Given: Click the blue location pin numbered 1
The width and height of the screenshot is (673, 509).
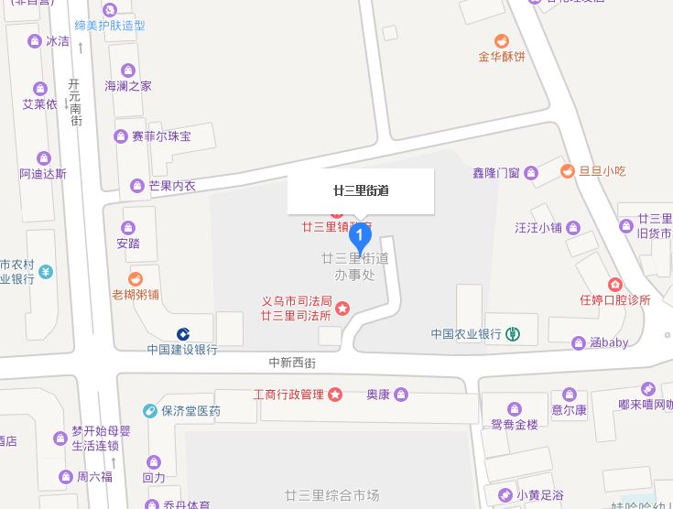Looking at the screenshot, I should [361, 238].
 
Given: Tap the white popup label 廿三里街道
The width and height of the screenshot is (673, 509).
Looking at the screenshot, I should [361, 191].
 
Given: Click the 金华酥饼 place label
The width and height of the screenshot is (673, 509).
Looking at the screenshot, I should [502, 57].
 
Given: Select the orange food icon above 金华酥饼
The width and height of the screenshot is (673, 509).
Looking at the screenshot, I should [502, 40].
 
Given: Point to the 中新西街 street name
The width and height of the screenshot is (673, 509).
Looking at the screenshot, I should [292, 363].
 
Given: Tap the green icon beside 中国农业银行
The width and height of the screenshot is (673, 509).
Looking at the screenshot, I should [514, 334].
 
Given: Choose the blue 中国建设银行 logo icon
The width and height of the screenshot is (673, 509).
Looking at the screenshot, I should [183, 334].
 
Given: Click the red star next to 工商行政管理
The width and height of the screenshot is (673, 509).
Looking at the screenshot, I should [335, 395].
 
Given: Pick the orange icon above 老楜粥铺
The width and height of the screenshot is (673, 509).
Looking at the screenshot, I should [136, 278].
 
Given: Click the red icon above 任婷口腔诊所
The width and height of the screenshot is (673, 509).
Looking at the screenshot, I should [614, 285].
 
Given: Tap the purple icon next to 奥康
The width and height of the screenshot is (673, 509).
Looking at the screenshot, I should [401, 395].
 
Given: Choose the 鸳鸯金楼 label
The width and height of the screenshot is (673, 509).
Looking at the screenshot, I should [514, 425].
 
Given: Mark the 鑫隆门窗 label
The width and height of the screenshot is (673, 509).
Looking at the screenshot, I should [496, 172].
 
